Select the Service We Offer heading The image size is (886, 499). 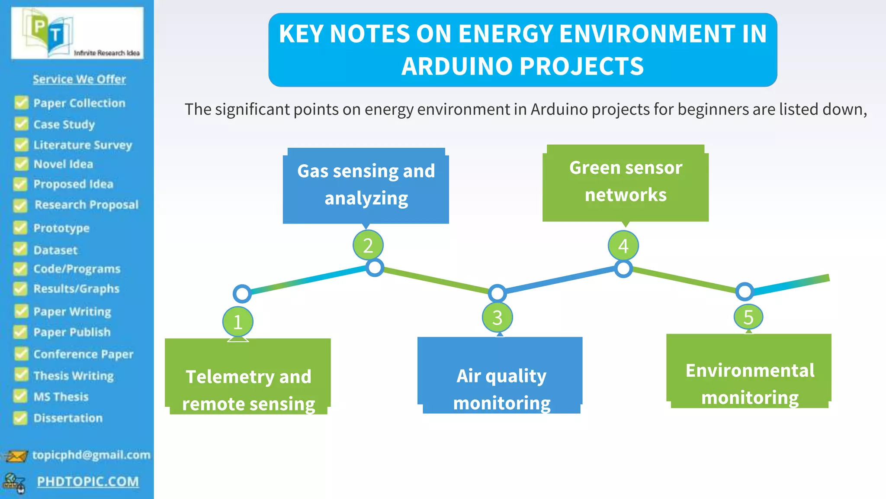pos(79,79)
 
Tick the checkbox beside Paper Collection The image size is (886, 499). pos(21,103)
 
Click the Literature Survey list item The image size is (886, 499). pos(83,145)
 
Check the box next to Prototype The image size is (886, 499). pos(20,227)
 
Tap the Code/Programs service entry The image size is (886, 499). pos(77,269)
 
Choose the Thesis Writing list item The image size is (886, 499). pos(74,376)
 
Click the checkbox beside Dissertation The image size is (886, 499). pos(20,418)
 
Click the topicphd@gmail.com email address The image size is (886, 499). pos(91,455)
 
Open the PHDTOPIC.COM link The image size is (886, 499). pos(88,482)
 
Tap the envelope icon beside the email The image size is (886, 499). pos(16,456)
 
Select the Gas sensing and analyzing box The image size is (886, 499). pos(366,185)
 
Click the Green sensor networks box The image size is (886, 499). pos(626,182)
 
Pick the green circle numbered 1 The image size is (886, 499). pos(238,322)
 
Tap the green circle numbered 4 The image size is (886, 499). pos(623,246)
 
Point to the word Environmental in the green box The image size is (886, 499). pos(750,371)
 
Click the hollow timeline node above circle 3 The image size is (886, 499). pos(498,294)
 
